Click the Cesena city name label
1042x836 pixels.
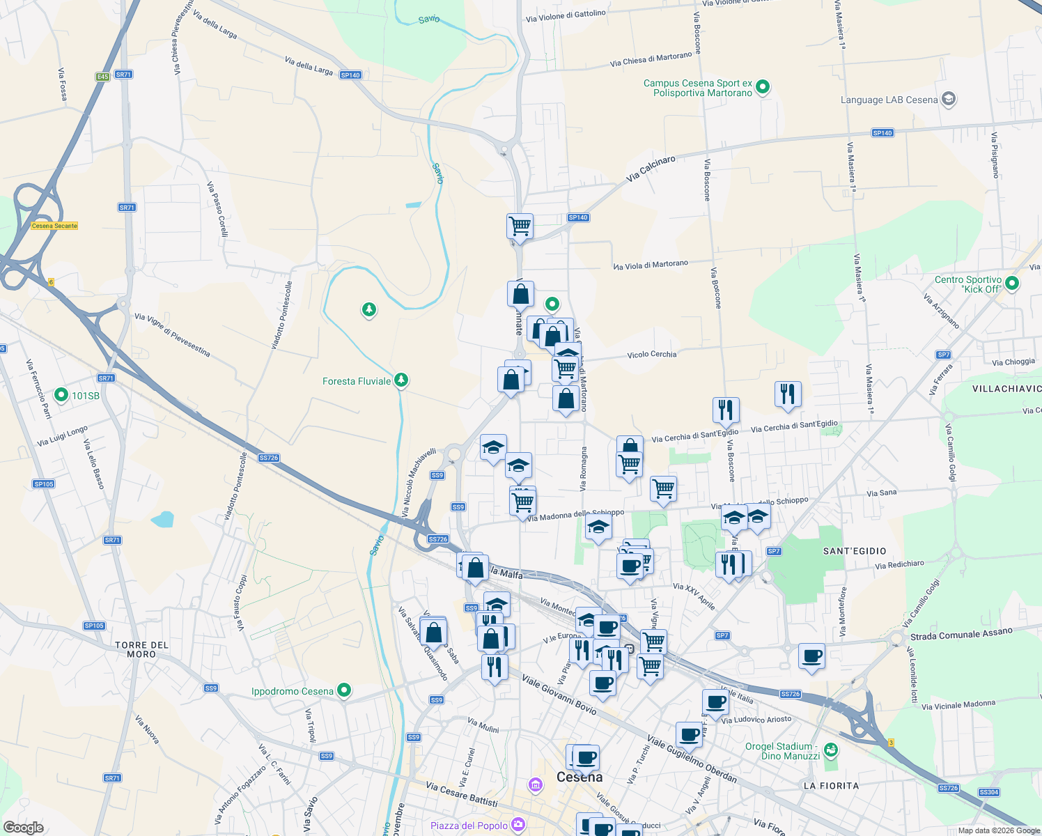(x=580, y=777)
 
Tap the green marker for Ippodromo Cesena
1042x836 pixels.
(x=344, y=690)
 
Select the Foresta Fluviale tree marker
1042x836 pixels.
(x=401, y=380)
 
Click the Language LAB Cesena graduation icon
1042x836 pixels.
(x=948, y=99)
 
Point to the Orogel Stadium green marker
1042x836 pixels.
(x=830, y=750)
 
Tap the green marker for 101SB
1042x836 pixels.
(x=61, y=395)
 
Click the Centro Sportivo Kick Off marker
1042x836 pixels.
(x=1013, y=283)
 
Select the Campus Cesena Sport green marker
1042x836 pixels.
(x=763, y=87)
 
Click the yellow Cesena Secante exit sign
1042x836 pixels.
(x=54, y=226)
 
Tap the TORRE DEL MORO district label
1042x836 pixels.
(x=142, y=649)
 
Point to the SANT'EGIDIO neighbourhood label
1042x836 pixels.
(x=855, y=551)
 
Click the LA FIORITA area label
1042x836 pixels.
(x=831, y=786)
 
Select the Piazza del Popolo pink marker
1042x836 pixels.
(x=518, y=825)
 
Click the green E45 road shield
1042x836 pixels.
(x=103, y=77)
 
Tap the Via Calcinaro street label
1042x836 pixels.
(x=651, y=169)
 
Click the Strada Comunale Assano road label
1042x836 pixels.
(x=961, y=635)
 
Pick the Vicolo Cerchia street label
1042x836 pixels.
(x=651, y=355)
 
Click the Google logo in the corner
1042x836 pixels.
(x=23, y=827)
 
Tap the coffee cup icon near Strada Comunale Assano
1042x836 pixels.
(x=812, y=656)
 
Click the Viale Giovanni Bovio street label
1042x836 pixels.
(x=559, y=695)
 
